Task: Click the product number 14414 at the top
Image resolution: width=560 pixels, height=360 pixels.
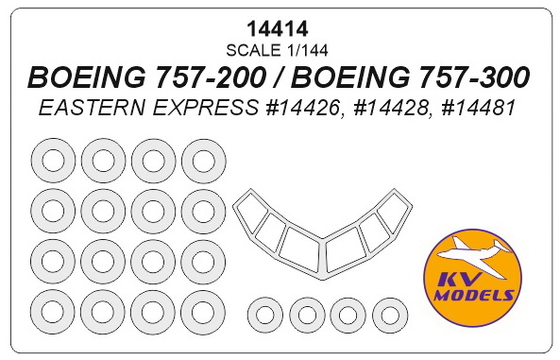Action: (x=277, y=28)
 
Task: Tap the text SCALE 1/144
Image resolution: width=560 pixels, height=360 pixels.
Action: (x=277, y=50)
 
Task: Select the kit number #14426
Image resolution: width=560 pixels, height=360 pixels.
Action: (x=301, y=108)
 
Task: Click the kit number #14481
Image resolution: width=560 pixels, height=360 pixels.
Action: (x=478, y=108)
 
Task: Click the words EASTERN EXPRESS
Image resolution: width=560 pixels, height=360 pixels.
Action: (x=148, y=108)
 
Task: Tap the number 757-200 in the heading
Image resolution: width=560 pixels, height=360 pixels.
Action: (x=208, y=77)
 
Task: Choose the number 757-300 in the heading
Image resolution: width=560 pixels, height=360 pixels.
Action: (x=472, y=77)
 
